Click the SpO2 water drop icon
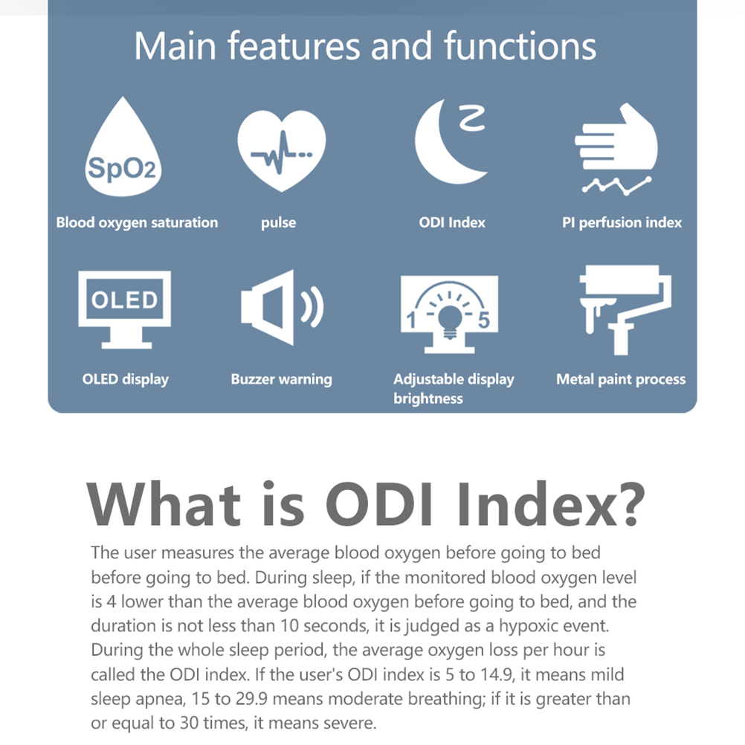(x=123, y=152)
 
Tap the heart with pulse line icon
(x=282, y=150)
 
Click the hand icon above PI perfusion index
(x=616, y=138)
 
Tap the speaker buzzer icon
(x=283, y=307)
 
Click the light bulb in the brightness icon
(x=449, y=321)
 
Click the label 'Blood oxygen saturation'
(x=137, y=223)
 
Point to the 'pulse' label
(x=278, y=223)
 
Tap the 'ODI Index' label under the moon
(x=452, y=222)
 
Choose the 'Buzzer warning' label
(x=281, y=379)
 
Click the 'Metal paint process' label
(x=621, y=379)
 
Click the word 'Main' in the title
(x=175, y=46)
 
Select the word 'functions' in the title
(x=520, y=45)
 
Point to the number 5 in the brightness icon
(x=484, y=320)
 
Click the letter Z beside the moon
(x=472, y=118)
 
